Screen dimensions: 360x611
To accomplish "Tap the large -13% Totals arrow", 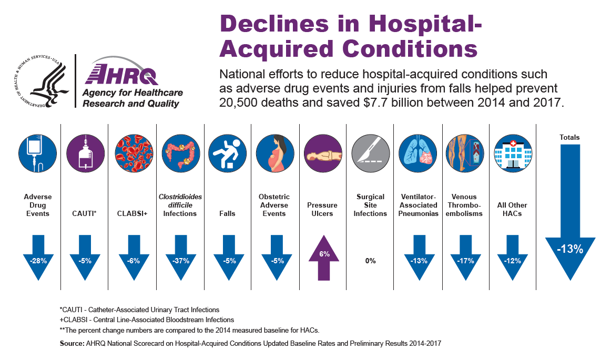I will (569, 231).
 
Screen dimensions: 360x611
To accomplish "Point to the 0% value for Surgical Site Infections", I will (371, 261).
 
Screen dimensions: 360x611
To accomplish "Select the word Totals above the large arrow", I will (569, 137).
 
